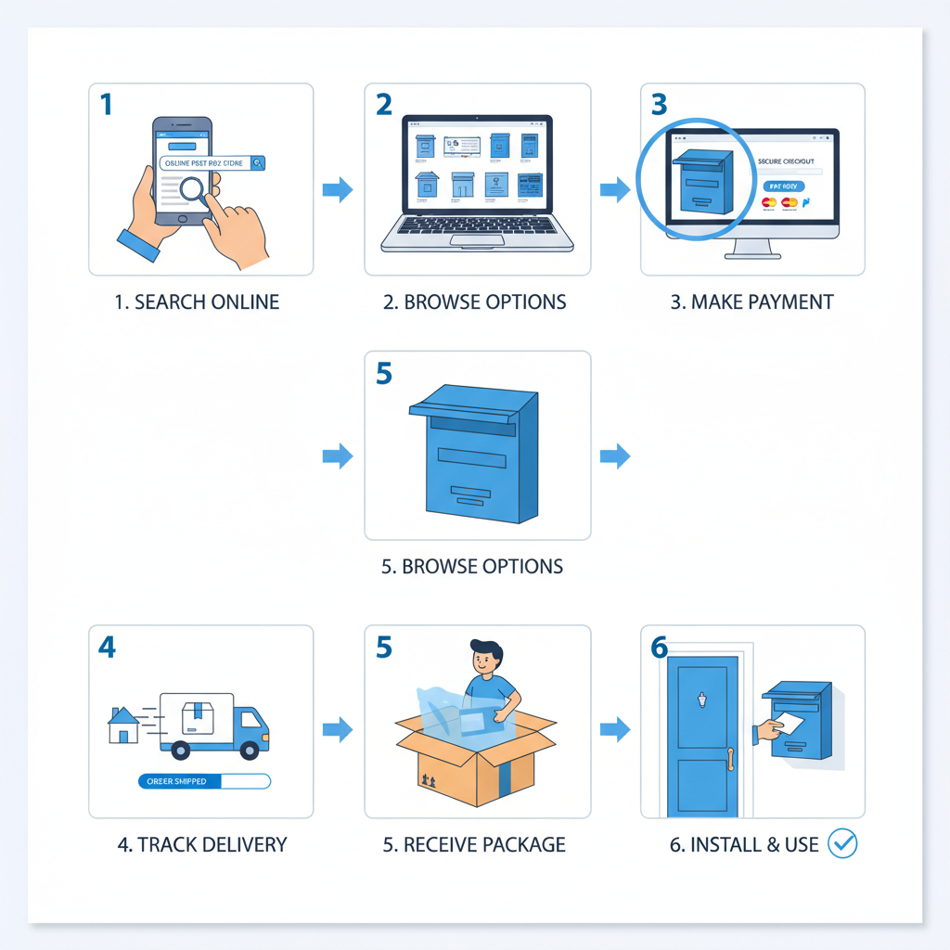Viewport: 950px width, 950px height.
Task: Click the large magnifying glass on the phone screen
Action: pyautogui.click(x=197, y=190)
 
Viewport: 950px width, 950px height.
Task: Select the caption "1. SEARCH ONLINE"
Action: pyautogui.click(x=197, y=302)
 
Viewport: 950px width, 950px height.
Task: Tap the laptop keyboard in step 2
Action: pyautogui.click(x=477, y=225)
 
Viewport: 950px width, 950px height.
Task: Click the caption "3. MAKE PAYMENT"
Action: pyautogui.click(x=751, y=302)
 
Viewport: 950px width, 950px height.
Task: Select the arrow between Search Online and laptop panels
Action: pyautogui.click(x=338, y=190)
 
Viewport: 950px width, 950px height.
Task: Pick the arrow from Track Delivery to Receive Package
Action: pyautogui.click(x=338, y=729)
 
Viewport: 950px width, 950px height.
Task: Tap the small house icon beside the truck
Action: pyautogui.click(x=123, y=725)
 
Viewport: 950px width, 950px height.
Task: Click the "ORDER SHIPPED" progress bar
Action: pyautogui.click(x=203, y=781)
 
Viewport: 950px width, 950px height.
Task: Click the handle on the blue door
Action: pyautogui.click(x=731, y=759)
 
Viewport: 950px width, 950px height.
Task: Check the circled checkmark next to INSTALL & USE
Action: pyautogui.click(x=842, y=843)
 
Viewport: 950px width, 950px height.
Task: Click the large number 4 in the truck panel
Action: pyautogui.click(x=107, y=647)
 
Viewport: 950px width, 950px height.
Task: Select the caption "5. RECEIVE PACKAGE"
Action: pyautogui.click(x=474, y=845)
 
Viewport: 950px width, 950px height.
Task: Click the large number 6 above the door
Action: pyautogui.click(x=659, y=647)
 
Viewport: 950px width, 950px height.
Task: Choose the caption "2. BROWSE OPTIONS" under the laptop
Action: pyautogui.click(x=475, y=302)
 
